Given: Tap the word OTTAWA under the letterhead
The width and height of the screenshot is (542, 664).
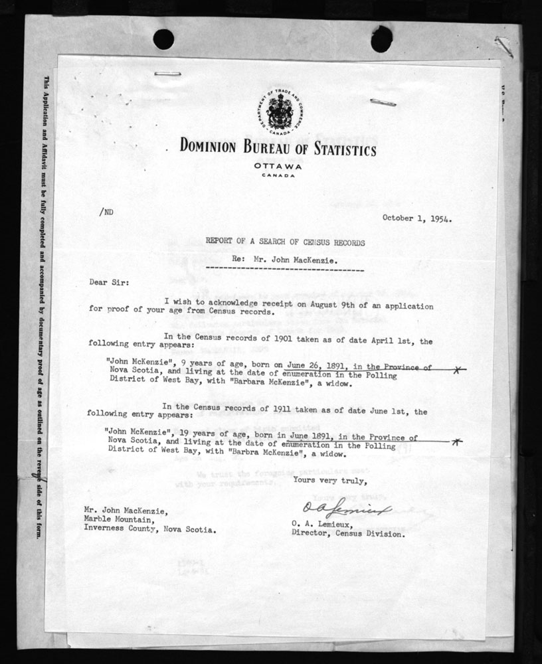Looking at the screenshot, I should point(278,166).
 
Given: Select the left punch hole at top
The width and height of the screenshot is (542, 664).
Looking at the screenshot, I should point(163,39).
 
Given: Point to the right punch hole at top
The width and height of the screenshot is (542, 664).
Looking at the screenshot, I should point(381,39).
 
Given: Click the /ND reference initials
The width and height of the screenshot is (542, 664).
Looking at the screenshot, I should point(106,213).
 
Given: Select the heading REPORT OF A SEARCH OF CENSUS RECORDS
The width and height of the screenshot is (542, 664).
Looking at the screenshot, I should point(285,243).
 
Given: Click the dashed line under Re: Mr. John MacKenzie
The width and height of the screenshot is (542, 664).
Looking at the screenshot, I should point(285,270).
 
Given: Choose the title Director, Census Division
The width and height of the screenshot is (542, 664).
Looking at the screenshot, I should point(347,533).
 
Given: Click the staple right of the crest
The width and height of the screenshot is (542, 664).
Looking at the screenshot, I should point(383,102).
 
